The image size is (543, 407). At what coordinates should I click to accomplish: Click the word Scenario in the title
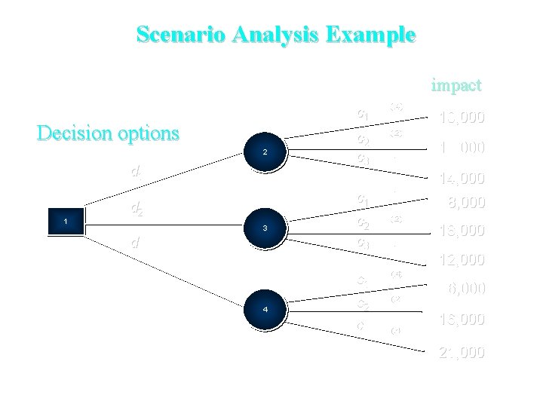[181, 35]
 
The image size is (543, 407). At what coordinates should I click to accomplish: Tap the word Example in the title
[370, 35]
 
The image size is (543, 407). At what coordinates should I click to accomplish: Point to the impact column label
[456, 85]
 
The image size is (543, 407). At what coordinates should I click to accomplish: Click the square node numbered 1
[66, 221]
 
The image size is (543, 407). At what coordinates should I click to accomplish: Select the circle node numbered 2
[265, 152]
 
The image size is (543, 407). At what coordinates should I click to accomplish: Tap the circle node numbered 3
[265, 227]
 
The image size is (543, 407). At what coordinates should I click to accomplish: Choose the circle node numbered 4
[265, 309]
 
